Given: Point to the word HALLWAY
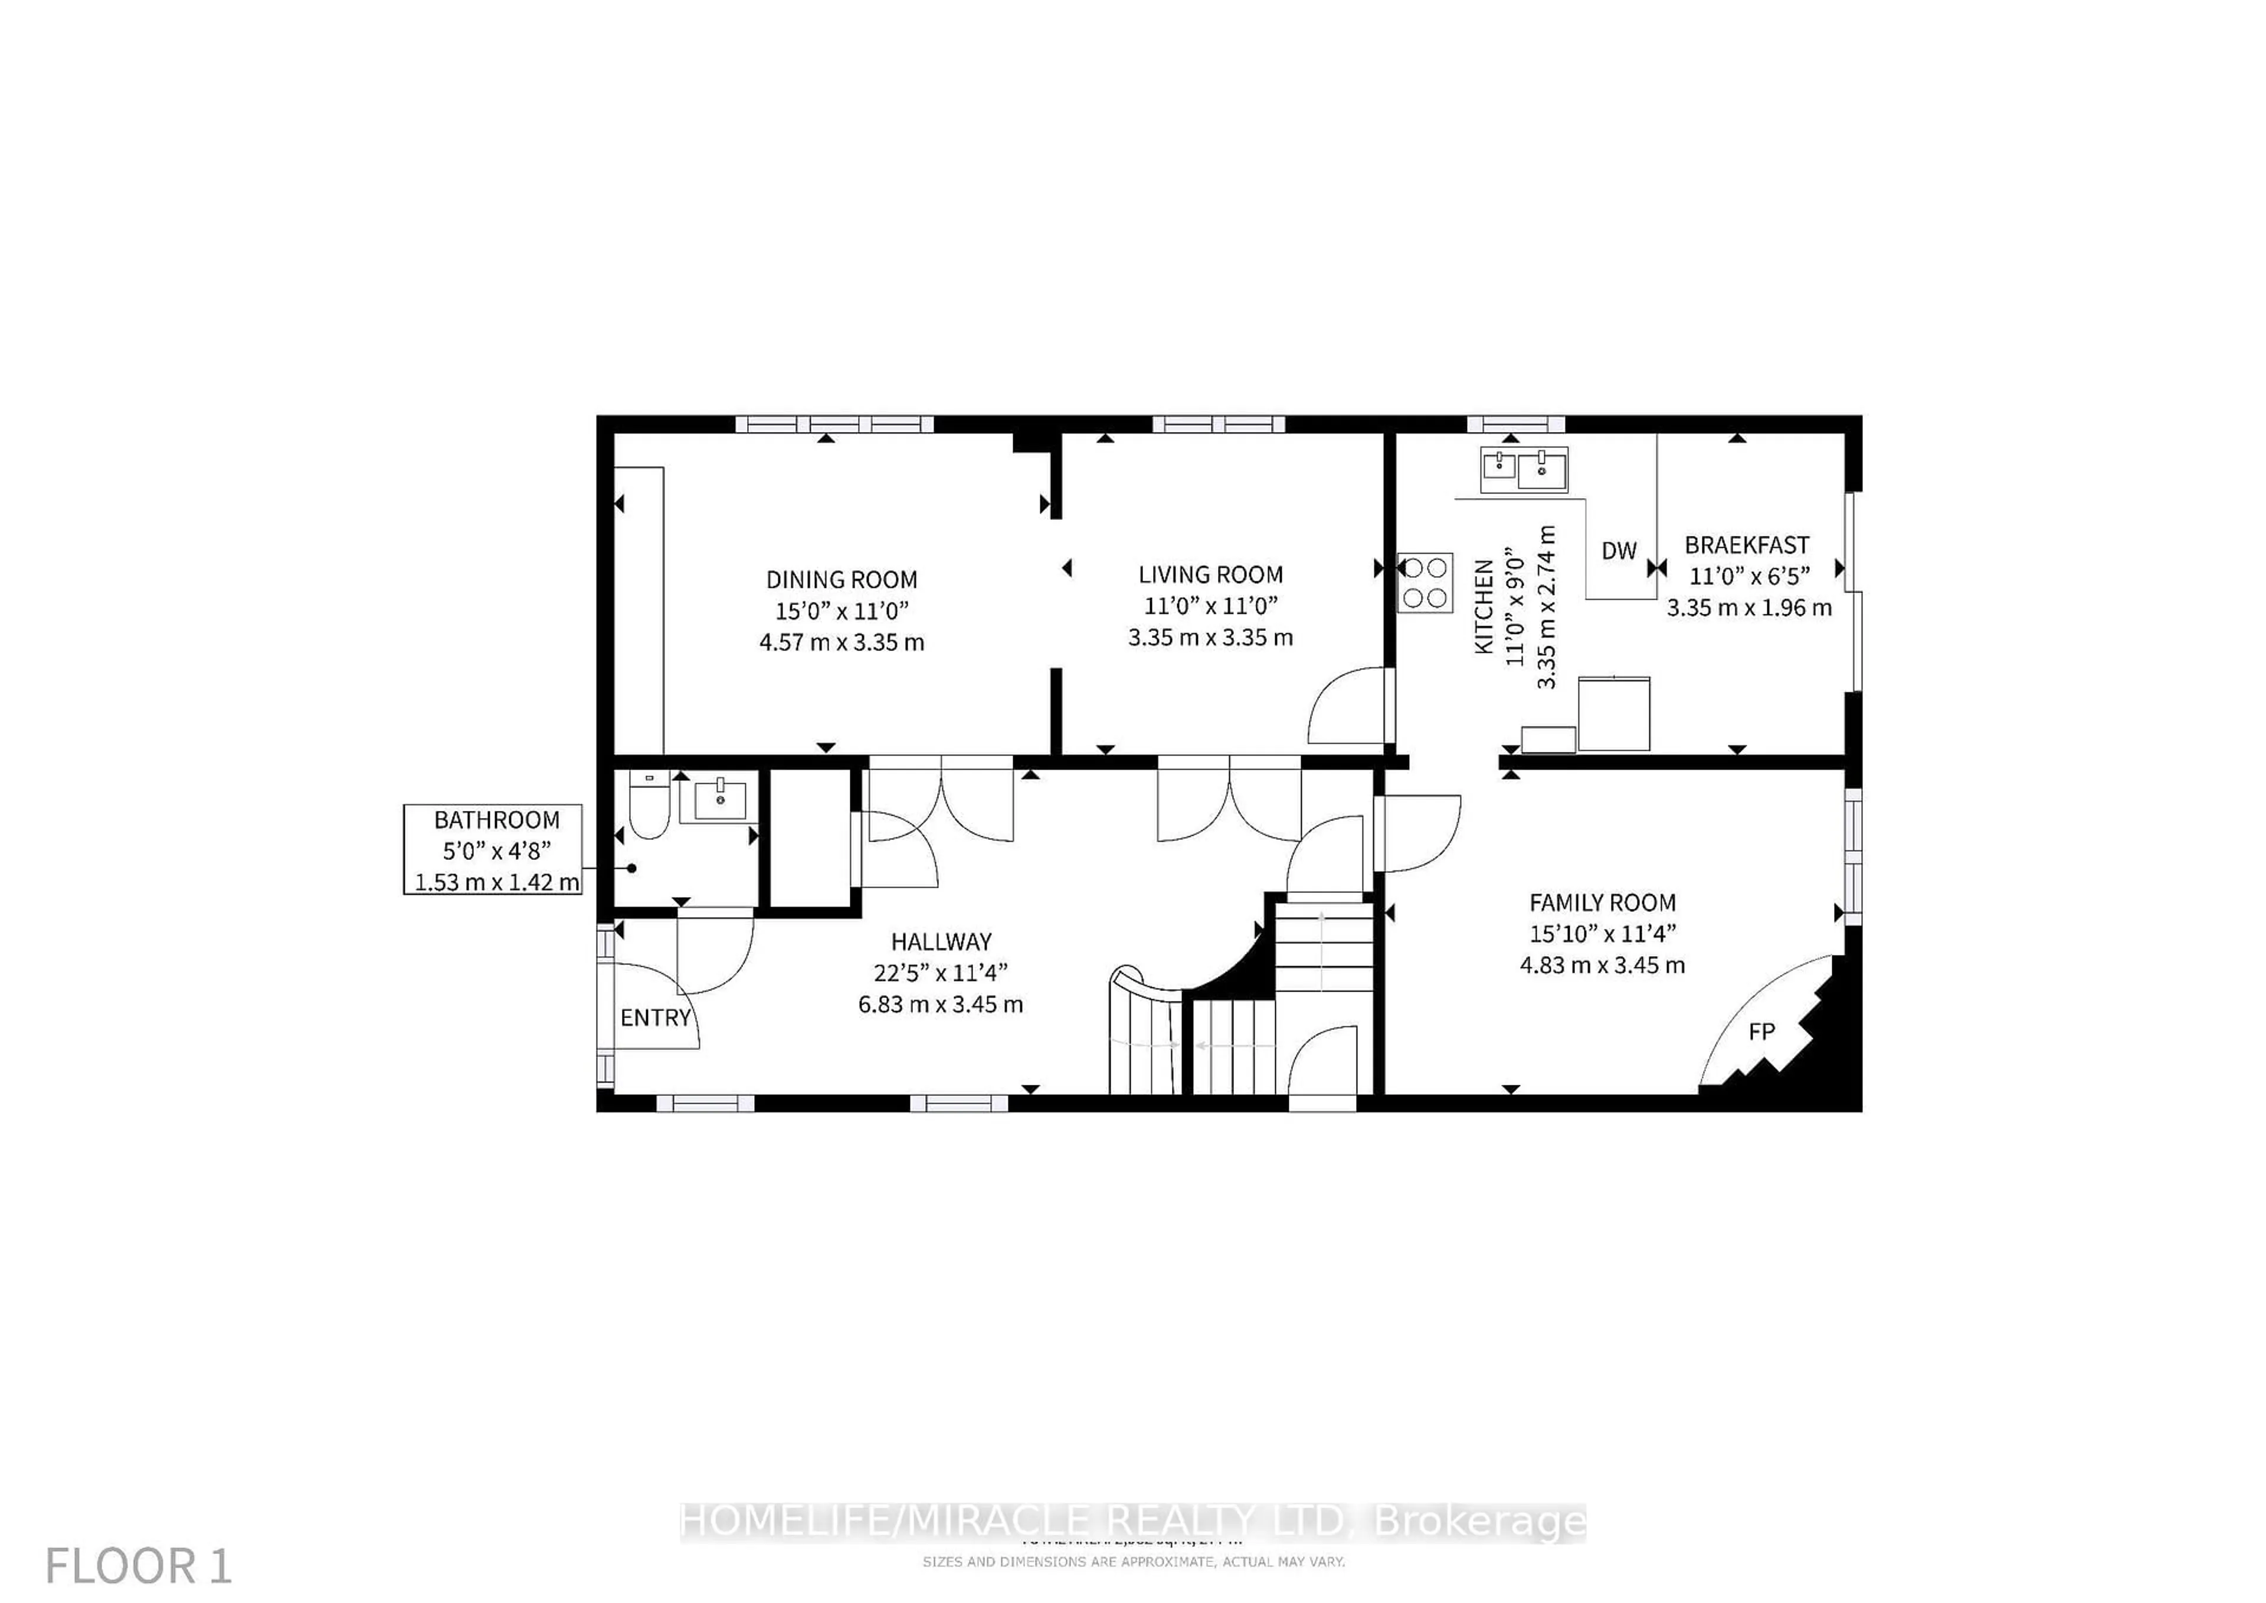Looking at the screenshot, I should [941, 941].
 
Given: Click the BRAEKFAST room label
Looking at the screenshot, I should [1746, 545].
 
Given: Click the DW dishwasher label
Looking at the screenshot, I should [1619, 551].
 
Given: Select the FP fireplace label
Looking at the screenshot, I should [1761, 1032].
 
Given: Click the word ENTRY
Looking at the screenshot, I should [656, 1018].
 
